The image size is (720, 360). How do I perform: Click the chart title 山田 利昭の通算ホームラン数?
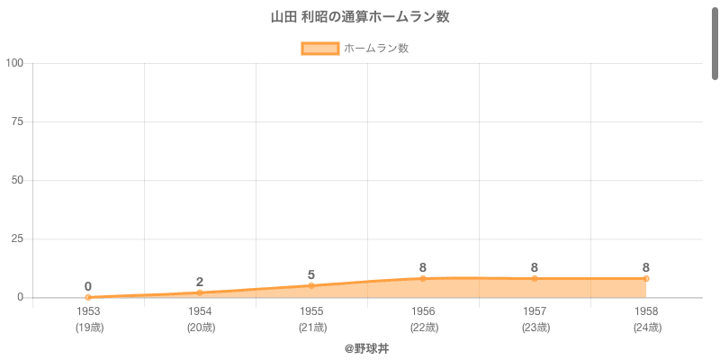point(360,17)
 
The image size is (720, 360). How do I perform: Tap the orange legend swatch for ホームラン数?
point(319,49)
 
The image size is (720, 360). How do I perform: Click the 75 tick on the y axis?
point(17,121)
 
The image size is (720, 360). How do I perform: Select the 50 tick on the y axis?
point(17,180)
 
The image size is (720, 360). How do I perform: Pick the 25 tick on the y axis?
point(17,238)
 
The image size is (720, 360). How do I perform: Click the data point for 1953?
point(88,297)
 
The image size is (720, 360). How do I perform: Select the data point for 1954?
point(200,292)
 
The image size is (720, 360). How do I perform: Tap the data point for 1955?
point(311,285)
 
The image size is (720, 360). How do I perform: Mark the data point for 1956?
point(423,278)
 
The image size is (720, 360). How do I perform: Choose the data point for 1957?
point(535,278)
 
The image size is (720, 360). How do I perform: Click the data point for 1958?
point(646,278)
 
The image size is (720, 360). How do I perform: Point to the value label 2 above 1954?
point(200,282)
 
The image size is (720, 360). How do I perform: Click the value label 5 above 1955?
point(311,274)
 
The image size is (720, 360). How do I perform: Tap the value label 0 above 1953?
point(88,286)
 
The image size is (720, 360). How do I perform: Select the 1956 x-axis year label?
point(423,311)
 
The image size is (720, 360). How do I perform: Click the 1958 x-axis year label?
point(646,311)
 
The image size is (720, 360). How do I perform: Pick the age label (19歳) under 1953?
point(88,328)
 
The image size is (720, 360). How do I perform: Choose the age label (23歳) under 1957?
point(535,328)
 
